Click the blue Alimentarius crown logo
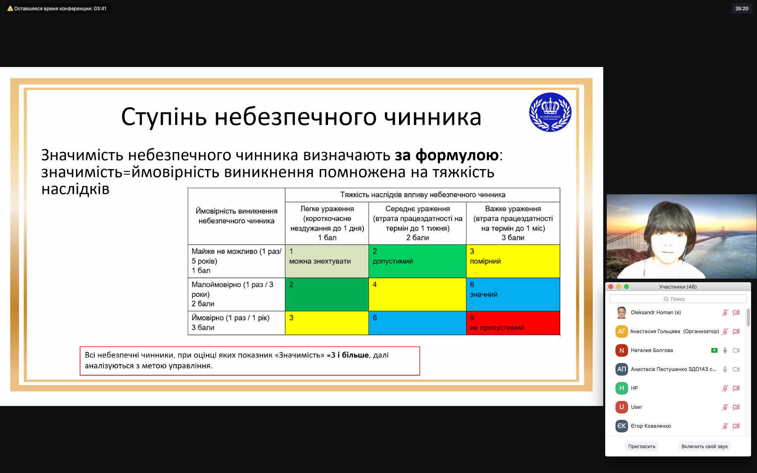pyautogui.click(x=550, y=112)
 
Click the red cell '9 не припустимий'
pyautogui.click(x=513, y=323)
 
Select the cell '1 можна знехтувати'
pyautogui.click(x=327, y=261)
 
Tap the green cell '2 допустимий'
pyautogui.click(x=418, y=261)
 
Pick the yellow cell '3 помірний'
pyautogui.click(x=513, y=261)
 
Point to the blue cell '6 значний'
pyautogui.click(x=513, y=294)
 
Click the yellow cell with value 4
pyautogui.click(x=418, y=294)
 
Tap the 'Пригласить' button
pyautogui.click(x=641, y=446)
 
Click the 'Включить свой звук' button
pyautogui.click(x=704, y=446)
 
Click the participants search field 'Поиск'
pyautogui.click(x=678, y=299)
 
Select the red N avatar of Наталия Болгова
pyautogui.click(x=621, y=350)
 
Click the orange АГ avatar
pyautogui.click(x=621, y=331)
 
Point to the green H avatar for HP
pyautogui.click(x=621, y=388)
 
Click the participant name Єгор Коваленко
pyautogui.click(x=651, y=426)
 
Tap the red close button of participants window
pyautogui.click(x=611, y=287)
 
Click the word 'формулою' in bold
pyautogui.click(x=457, y=156)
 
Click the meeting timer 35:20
pyautogui.click(x=742, y=8)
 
